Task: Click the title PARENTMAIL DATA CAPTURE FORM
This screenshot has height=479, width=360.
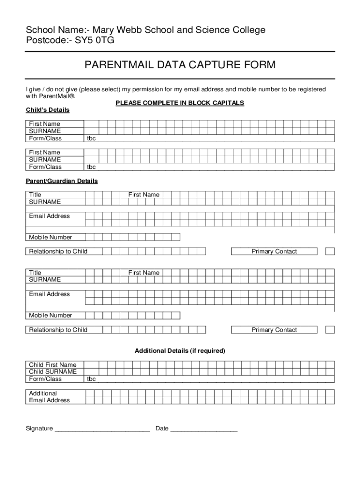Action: [x=180, y=65]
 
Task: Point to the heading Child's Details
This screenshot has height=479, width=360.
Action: [x=47, y=110]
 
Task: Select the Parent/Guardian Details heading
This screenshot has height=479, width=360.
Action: [x=61, y=181]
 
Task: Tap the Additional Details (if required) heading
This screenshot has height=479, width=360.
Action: [x=180, y=351]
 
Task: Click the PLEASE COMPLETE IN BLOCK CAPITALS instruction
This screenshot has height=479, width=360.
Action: [x=180, y=103]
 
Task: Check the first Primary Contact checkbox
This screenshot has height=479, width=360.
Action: [x=330, y=252]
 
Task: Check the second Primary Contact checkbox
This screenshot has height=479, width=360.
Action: [x=330, y=330]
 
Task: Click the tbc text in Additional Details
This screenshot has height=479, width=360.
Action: [x=91, y=379]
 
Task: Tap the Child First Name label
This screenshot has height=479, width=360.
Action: [x=52, y=365]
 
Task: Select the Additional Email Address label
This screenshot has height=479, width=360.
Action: [x=49, y=397]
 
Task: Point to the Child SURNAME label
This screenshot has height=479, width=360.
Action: [x=52, y=371]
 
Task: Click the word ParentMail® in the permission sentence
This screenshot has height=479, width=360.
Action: [x=50, y=96]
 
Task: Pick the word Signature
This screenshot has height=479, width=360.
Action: [x=39, y=428]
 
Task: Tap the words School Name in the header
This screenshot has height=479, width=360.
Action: [x=51, y=30]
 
